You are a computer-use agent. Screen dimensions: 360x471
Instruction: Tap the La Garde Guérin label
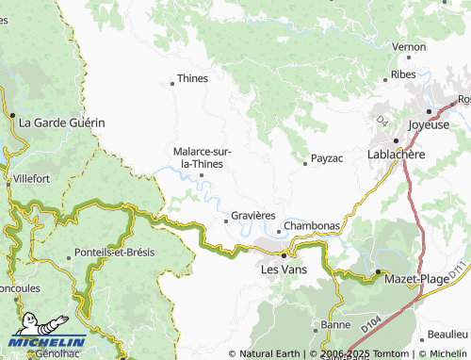pos(61,123)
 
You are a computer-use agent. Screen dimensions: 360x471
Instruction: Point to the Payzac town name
pos(326,159)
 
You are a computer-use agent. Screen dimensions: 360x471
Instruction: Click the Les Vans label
pos(284,269)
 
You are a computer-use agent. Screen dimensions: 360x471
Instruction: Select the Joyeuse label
pos(430,124)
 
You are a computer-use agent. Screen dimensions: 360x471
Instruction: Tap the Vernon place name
pos(409,46)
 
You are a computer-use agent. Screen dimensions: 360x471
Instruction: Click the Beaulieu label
pos(447,334)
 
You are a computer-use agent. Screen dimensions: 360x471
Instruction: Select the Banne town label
pos(334,325)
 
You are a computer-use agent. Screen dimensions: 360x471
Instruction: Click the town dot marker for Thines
pos(172,84)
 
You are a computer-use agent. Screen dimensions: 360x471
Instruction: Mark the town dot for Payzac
pos(305,164)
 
